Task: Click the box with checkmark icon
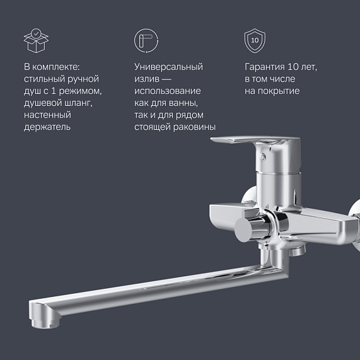tap(36, 40)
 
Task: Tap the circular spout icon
tap(145, 40)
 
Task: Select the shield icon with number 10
tap(254, 40)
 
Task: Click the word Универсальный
tap(168, 67)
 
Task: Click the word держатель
tap(47, 127)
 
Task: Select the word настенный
tap(47, 115)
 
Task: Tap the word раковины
tap(194, 127)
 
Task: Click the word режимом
tap(80, 91)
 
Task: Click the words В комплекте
tap(52, 67)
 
